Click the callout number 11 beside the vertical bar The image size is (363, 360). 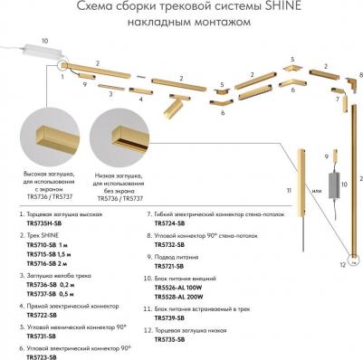pos(290,191)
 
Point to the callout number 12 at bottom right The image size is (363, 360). pos(342,266)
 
